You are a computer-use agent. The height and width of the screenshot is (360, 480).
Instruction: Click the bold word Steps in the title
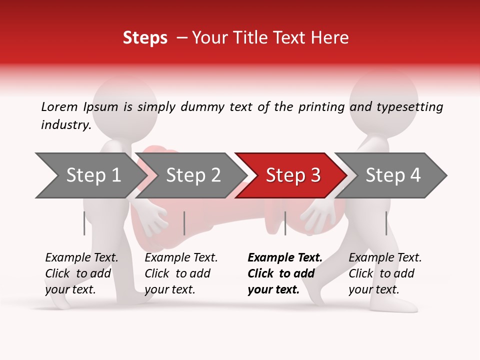pos(145,38)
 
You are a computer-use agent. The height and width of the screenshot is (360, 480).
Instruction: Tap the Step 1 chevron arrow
pos(92,175)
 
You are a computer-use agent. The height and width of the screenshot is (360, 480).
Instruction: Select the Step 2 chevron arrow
pos(192,175)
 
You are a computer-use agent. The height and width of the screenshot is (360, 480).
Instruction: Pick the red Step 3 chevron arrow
pos(292,175)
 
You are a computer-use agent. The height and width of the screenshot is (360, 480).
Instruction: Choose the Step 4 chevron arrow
pos(392,175)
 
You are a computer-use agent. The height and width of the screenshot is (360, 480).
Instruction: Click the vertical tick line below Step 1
pos(84,223)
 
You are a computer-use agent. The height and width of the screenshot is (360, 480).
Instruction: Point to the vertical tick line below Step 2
pos(184,223)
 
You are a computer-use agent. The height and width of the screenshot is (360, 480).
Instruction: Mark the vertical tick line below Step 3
pos(285,223)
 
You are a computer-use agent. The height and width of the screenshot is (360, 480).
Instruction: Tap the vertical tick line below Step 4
pos(386,223)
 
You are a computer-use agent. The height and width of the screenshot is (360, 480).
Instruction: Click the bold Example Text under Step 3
pos(285,273)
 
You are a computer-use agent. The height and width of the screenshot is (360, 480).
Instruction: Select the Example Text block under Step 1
pos(81,273)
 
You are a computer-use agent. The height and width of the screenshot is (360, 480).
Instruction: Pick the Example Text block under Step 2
pos(181,273)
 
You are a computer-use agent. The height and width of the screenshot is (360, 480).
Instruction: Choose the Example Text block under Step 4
pos(385,273)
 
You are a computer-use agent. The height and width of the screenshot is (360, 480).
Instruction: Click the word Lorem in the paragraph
pos(59,107)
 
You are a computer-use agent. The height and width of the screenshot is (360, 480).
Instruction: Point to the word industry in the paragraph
pos(65,124)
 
